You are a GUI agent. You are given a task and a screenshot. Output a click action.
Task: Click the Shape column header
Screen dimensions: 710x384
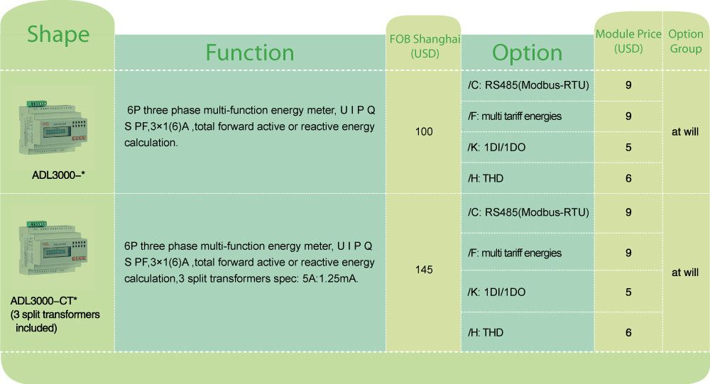point(58,35)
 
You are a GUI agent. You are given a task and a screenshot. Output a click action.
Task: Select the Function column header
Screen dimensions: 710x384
point(250,53)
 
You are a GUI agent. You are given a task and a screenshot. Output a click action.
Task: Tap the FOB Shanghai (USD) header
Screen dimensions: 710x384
point(425,46)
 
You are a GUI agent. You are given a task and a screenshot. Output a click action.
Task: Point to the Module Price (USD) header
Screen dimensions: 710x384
point(628,40)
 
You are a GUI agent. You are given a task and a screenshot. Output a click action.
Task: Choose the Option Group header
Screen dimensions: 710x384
point(686,40)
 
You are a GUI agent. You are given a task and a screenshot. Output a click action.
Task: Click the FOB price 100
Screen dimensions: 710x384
point(424,132)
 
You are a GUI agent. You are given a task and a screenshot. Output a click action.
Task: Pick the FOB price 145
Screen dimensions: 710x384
point(424,270)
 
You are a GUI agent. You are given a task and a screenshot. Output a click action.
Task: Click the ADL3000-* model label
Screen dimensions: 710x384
point(58,175)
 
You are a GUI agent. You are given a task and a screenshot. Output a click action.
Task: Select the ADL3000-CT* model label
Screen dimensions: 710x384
point(43,301)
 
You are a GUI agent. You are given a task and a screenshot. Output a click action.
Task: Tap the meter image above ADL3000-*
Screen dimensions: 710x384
point(53,127)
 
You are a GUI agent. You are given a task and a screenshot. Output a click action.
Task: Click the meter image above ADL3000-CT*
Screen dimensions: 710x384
point(53,248)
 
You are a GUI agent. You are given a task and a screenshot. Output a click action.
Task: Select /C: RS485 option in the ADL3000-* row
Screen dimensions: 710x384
point(528,85)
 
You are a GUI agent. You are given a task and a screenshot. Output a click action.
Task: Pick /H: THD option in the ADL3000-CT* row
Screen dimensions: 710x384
point(486,332)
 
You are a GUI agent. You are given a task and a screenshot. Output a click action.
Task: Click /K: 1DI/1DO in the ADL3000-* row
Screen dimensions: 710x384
point(497,147)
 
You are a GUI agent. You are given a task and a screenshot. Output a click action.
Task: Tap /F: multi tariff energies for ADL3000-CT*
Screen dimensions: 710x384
point(514,253)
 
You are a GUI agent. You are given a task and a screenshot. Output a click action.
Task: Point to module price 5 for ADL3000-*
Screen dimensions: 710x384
point(628,147)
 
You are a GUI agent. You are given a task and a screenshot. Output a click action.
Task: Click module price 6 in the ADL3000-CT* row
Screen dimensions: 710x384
point(628,332)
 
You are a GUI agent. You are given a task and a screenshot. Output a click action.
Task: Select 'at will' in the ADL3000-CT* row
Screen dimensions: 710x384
point(685,273)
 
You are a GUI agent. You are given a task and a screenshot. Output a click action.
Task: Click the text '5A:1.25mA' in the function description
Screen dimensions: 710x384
point(330,278)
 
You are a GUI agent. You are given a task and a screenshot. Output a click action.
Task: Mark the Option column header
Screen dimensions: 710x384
point(527,53)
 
